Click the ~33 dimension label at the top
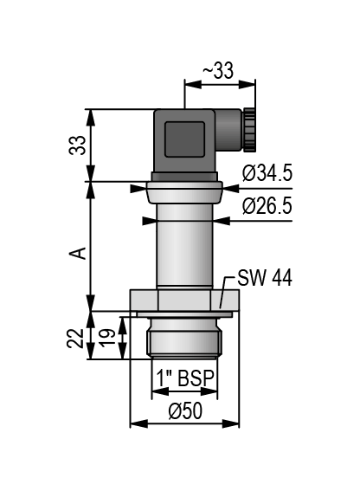coord(218,70)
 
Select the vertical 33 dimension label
coord(77,145)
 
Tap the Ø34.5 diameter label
coord(267,173)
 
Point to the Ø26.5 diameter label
coord(267,206)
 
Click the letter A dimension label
coord(78,253)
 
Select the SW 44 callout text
coord(265,277)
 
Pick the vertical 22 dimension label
coord(75,339)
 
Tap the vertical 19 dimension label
coord(107,338)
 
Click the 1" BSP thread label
coord(185,378)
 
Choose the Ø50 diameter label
coord(185,410)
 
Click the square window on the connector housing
coord(184,139)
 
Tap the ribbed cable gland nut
coord(249,130)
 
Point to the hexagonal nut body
coord(184,300)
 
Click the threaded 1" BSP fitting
coord(184,339)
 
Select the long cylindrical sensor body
coord(184,246)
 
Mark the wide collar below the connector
coord(184,192)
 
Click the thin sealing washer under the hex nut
coord(184,314)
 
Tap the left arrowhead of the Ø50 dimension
coord(138,423)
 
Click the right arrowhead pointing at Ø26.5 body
coord(222,221)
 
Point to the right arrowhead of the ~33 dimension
coord(247,84)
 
